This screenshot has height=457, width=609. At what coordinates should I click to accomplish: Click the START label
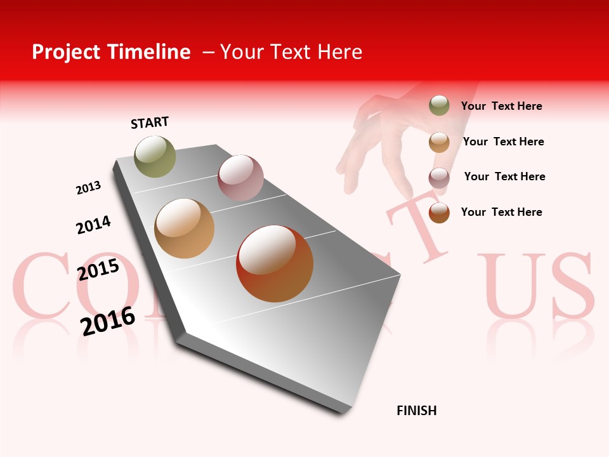[x=150, y=123]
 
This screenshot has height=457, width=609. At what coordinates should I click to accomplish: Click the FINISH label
[x=417, y=411]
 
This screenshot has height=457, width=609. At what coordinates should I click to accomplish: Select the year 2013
[x=88, y=188]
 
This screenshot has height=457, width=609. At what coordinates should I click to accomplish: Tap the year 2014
[x=93, y=225]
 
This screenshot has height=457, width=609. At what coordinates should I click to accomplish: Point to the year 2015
[x=98, y=270]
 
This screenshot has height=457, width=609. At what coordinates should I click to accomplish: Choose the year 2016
[x=108, y=321]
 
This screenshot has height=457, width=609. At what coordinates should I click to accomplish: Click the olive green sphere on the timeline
[x=155, y=156]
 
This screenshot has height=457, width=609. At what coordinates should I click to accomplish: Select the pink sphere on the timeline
[x=240, y=178]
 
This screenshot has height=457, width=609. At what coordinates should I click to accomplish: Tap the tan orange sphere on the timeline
[x=185, y=228]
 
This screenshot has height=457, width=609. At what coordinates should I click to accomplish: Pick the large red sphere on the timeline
[x=275, y=263]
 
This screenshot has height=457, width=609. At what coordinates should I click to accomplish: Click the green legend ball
[x=439, y=105]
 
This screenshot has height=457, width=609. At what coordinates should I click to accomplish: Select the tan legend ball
[x=439, y=142]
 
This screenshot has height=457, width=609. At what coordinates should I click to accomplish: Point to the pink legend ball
[x=439, y=178]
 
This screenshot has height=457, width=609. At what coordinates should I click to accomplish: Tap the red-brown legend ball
[x=439, y=213]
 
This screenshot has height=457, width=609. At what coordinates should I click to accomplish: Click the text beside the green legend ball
[x=501, y=106]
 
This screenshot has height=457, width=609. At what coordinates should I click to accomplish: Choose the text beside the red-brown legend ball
[x=501, y=212]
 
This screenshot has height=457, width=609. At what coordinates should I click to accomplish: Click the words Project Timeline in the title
[x=111, y=52]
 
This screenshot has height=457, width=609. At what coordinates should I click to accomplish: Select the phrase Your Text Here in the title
[x=291, y=52]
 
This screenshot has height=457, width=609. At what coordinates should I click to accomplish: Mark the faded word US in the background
[x=536, y=286]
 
